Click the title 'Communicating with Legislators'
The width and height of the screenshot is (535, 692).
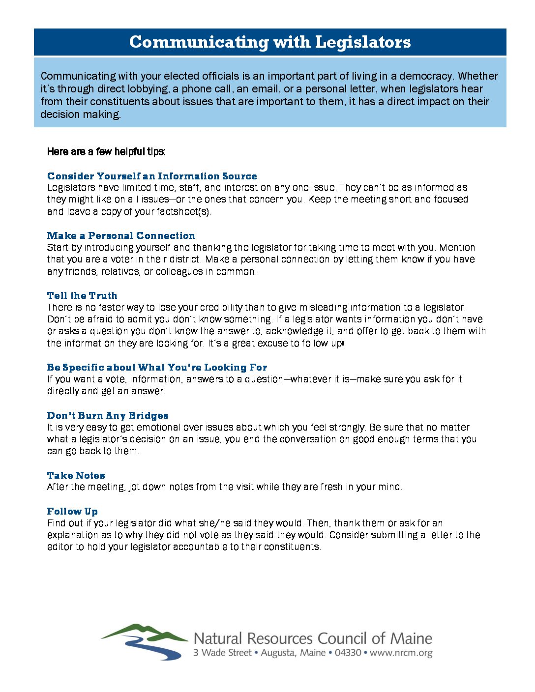coord(270,42)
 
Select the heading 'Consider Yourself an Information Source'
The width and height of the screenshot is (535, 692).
coord(152,176)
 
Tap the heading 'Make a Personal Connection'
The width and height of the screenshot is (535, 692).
coord(121,235)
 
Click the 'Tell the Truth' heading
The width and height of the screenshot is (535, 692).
coord(82,295)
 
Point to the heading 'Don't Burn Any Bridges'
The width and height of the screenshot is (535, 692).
coord(108,415)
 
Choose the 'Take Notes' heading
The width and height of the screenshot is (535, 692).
coord(76,475)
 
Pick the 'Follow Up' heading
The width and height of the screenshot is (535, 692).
coord(72,511)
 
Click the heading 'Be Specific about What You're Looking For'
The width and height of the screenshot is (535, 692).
coord(157,367)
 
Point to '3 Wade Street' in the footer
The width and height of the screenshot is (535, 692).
coord(222,653)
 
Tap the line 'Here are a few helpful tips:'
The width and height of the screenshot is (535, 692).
coord(106,151)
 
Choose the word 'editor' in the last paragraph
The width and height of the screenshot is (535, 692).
coord(60,547)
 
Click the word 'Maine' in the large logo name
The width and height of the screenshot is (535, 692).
coord(411,638)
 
